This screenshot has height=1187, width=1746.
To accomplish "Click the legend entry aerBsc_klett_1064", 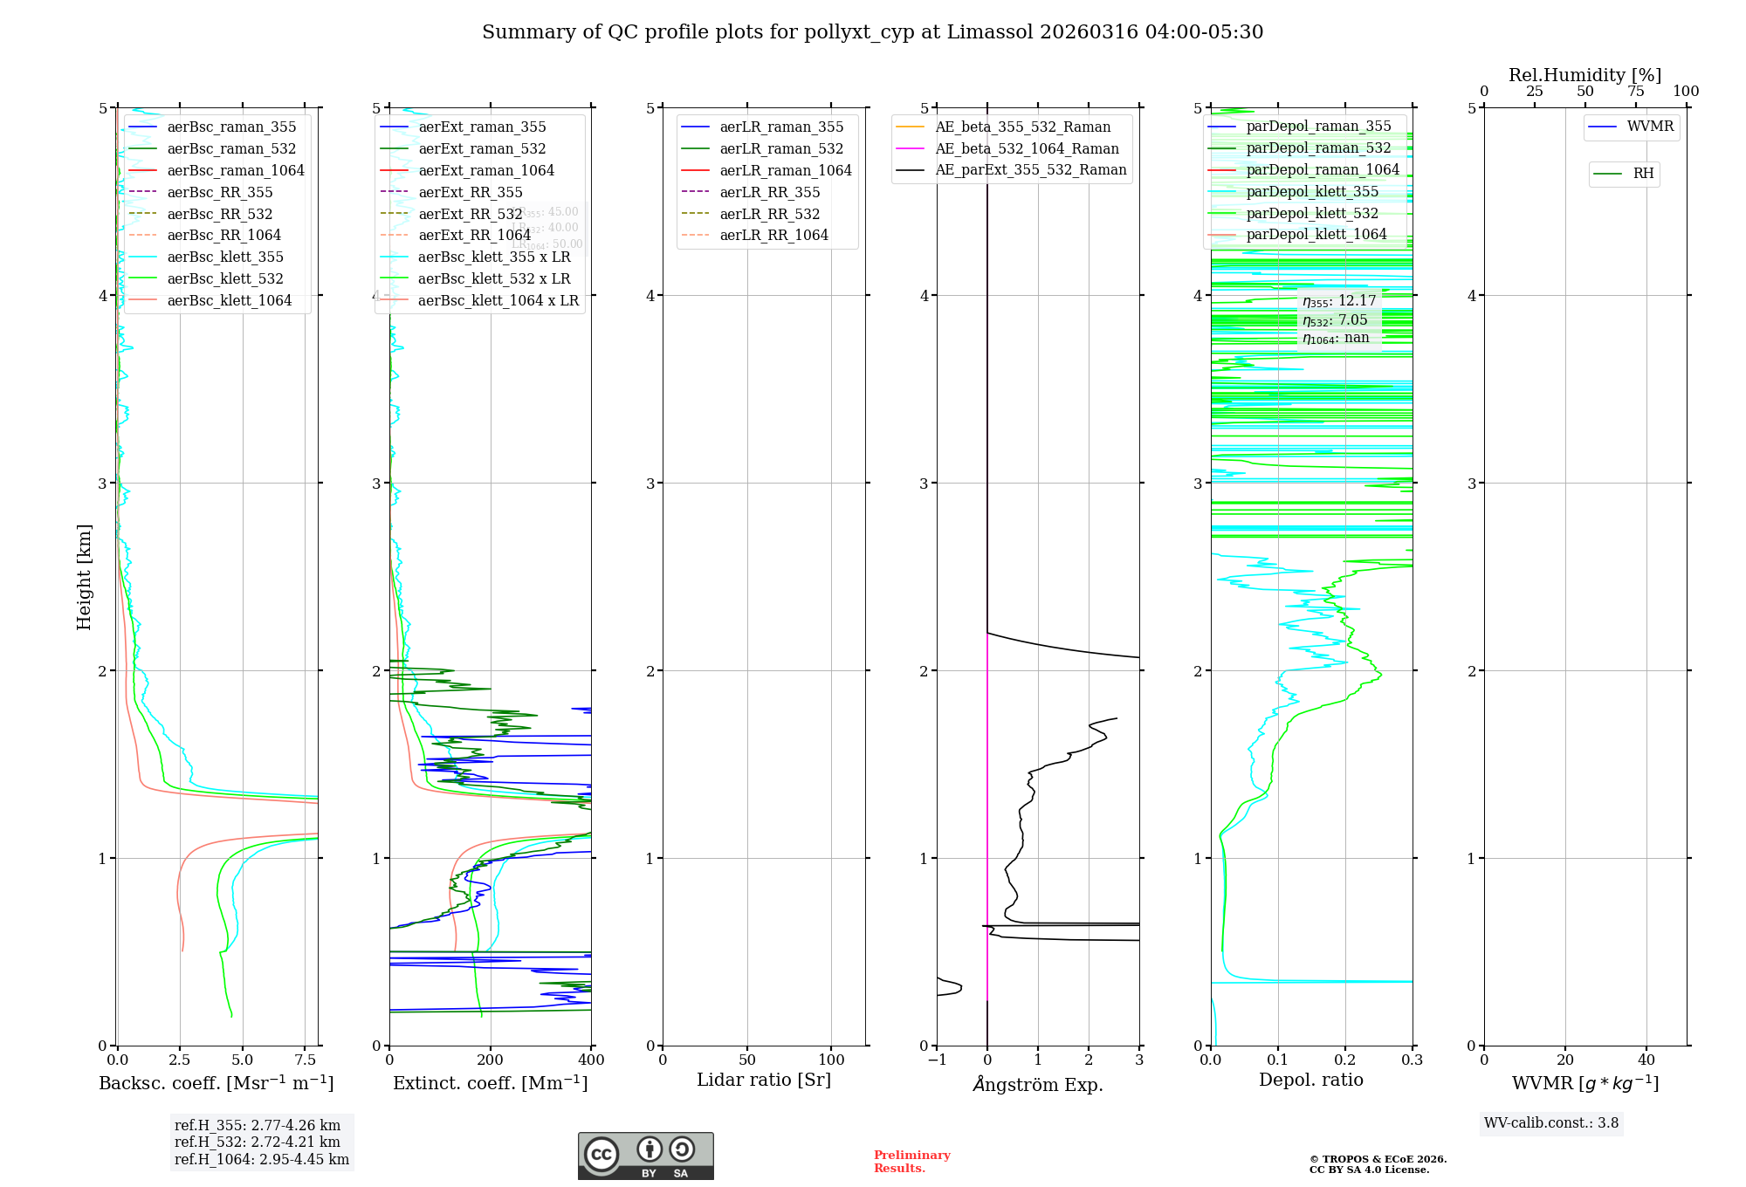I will [x=229, y=300].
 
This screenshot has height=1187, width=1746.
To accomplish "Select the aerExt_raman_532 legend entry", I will [x=482, y=148].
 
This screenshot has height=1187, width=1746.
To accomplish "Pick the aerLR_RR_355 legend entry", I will [x=769, y=192].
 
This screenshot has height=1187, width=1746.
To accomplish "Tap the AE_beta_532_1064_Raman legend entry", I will [x=1027, y=148].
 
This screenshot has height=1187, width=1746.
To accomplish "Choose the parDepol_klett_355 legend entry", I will [x=1312, y=191].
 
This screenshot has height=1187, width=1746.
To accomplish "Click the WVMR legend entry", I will [x=1650, y=127].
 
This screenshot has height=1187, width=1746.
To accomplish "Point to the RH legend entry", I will [x=1643, y=174].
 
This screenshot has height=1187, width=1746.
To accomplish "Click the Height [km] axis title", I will [x=84, y=576].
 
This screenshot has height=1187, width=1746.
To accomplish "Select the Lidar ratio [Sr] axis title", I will [x=764, y=1080].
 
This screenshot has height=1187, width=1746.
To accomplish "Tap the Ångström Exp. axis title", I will [x=1038, y=1084].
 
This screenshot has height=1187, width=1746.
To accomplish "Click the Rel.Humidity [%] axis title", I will [x=1584, y=75].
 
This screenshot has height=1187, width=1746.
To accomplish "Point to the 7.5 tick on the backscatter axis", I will [x=306, y=1060].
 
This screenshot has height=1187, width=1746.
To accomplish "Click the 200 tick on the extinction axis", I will [x=491, y=1060].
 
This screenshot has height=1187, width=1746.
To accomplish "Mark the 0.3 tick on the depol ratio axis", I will [x=1412, y=1060].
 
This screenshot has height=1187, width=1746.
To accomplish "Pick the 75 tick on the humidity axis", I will [x=1636, y=91].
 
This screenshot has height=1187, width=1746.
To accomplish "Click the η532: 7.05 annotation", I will [x=1335, y=320].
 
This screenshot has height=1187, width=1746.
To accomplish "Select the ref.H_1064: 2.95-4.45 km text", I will [x=262, y=1159].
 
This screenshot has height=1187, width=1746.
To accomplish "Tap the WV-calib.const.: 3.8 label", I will [x=1551, y=1122].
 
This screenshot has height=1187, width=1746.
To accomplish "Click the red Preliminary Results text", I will [x=911, y=1161].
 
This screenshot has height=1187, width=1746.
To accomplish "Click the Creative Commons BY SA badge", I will [x=645, y=1156].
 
